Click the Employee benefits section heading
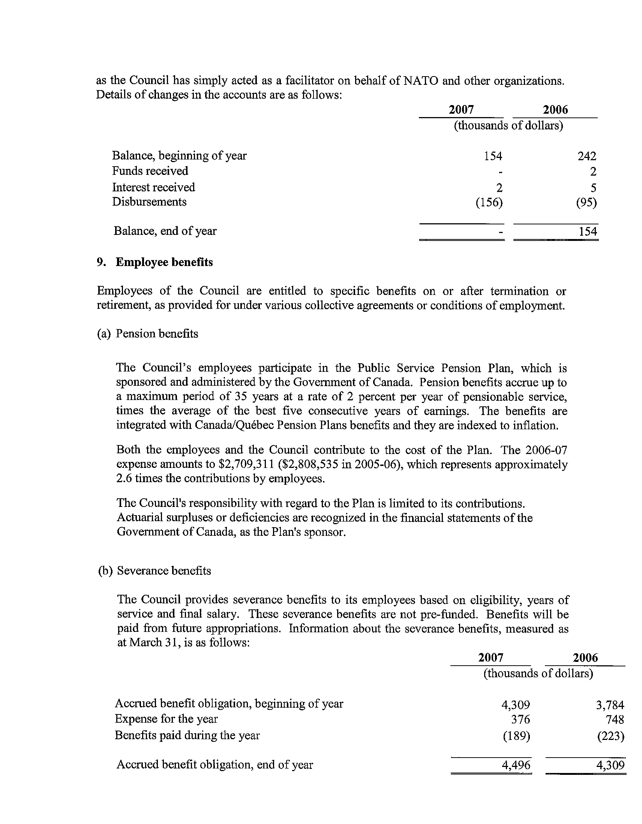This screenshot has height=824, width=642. click(164, 262)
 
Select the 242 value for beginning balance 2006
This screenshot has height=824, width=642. click(587, 156)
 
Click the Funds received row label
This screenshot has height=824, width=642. click(150, 171)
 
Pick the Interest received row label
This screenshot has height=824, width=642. click(153, 187)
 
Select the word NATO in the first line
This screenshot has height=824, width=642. click(421, 81)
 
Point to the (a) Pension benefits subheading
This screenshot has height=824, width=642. click(147, 334)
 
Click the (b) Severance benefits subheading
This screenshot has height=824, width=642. click(154, 570)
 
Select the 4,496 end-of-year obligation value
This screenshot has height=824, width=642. click(516, 765)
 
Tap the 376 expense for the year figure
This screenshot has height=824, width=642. click(520, 719)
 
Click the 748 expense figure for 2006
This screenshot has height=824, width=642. click(615, 719)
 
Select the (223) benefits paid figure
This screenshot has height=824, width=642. click(611, 736)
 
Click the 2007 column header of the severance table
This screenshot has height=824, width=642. click(490, 658)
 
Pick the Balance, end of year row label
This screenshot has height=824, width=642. click(165, 231)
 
